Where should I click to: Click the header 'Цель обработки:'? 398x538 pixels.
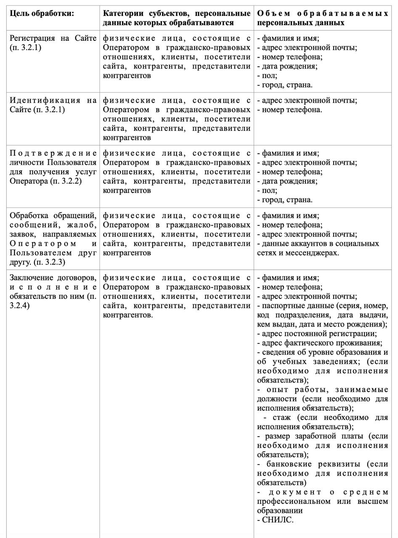click(x=42, y=14)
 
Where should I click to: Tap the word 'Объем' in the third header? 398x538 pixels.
click(x=273, y=14)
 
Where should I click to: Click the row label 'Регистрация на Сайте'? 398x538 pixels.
click(x=53, y=39)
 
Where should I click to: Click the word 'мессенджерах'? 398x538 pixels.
click(x=312, y=253)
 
